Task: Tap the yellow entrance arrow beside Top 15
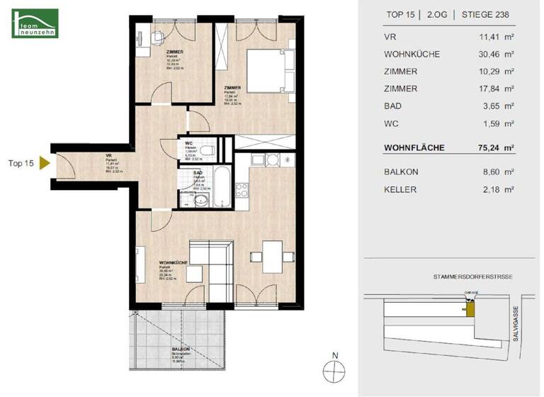point(44,164)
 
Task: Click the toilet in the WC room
point(205,151)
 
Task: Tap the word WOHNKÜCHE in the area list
point(412,53)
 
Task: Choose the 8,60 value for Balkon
point(490,172)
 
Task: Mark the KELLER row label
point(400,189)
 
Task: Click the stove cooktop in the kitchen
point(242,189)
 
